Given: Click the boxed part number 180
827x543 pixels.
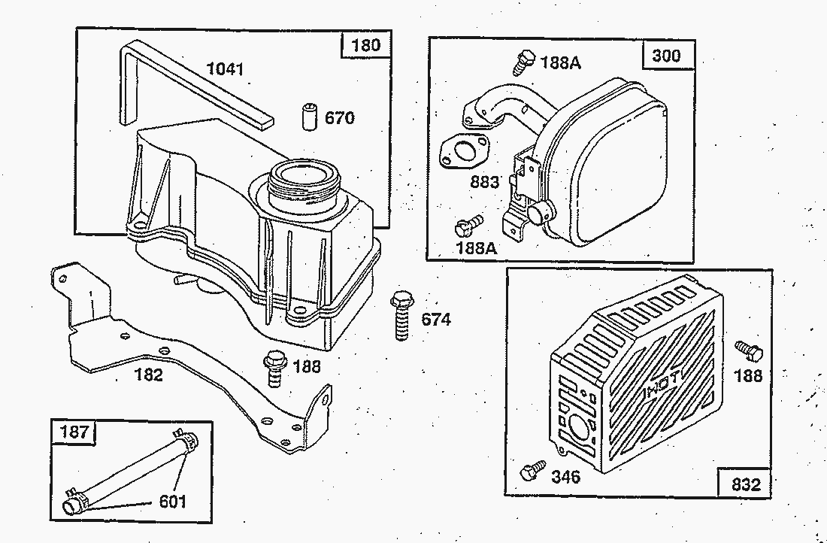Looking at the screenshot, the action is pyautogui.click(x=366, y=45).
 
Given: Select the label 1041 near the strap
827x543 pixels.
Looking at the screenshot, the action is pyautogui.click(x=226, y=69).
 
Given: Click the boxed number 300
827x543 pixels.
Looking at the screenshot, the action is pyautogui.click(x=667, y=56).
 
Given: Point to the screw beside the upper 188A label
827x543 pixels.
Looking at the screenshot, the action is pyautogui.click(x=523, y=62).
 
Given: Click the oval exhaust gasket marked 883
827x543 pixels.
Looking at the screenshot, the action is pyautogui.click(x=464, y=151).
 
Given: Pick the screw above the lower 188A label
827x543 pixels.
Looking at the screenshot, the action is pyautogui.click(x=468, y=226).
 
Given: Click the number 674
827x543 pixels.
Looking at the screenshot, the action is pyautogui.click(x=436, y=319).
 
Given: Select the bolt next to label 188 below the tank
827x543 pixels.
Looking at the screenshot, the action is pyautogui.click(x=274, y=368).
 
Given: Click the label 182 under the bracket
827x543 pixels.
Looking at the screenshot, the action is pyautogui.click(x=149, y=375).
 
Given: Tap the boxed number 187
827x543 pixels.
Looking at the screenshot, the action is pyautogui.click(x=74, y=432).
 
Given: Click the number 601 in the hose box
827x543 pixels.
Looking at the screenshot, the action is pyautogui.click(x=172, y=501).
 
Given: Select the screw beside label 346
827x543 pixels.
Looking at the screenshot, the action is pyautogui.click(x=533, y=469).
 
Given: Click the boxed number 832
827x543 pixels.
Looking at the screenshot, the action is pyautogui.click(x=746, y=484).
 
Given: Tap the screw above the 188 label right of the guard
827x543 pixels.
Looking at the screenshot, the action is pyautogui.click(x=749, y=350).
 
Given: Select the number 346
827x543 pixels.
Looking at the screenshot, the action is pyautogui.click(x=566, y=477).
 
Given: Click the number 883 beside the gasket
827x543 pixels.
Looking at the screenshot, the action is pyautogui.click(x=484, y=182).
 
